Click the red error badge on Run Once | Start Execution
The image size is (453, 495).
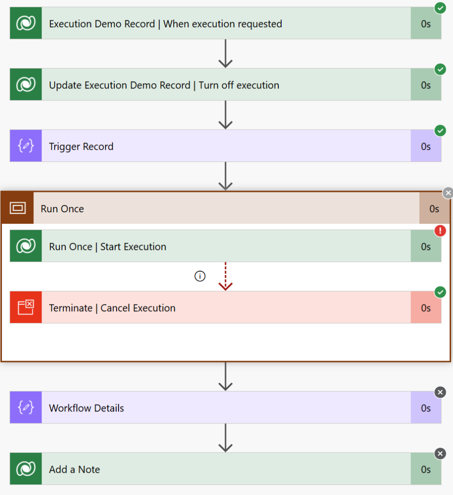[x=440, y=231]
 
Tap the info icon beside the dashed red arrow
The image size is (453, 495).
[x=200, y=276]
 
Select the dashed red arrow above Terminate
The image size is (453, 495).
[x=226, y=276]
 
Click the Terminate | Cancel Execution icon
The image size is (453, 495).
[x=26, y=307]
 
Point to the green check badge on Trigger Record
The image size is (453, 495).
[x=440, y=131]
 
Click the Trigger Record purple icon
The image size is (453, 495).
[x=26, y=146]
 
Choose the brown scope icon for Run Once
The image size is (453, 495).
[x=18, y=208]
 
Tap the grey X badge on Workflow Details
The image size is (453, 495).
[x=440, y=393]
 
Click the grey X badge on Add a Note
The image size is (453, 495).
[x=440, y=453]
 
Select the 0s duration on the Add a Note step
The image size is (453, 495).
[x=426, y=469]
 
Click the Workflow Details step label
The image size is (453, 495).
[x=86, y=408]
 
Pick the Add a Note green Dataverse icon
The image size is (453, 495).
[x=26, y=469]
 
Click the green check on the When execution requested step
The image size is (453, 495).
[x=440, y=8]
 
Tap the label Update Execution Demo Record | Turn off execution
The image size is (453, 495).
[x=164, y=85]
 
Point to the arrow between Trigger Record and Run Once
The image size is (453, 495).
[x=226, y=176]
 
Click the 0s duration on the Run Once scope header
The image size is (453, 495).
[x=434, y=209]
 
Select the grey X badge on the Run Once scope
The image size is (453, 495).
[x=448, y=193]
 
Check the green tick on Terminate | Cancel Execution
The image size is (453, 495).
[x=440, y=292]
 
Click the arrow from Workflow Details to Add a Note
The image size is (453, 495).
[x=226, y=438]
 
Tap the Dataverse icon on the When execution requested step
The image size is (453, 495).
[x=26, y=23]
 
